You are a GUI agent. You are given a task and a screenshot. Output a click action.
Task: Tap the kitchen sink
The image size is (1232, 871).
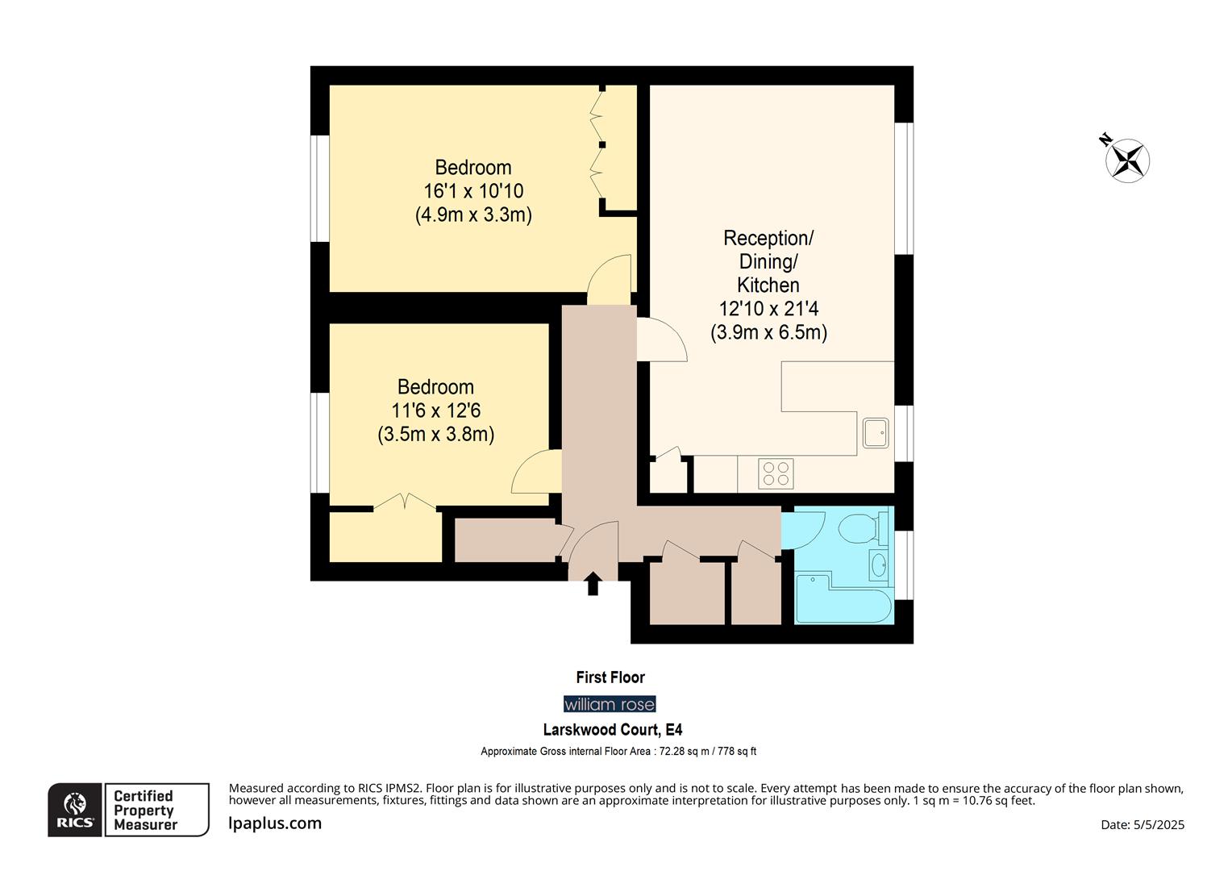click(x=875, y=432)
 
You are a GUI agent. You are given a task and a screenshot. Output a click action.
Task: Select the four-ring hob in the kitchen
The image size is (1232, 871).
click(x=776, y=473)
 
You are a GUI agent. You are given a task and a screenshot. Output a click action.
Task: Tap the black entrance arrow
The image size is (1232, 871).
click(x=593, y=583)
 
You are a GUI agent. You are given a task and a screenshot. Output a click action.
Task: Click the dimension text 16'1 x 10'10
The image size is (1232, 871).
click(x=473, y=191)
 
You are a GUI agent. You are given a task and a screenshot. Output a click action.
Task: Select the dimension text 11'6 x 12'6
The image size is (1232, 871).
click(x=435, y=410)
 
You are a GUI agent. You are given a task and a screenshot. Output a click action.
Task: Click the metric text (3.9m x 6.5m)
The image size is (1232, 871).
click(x=768, y=332)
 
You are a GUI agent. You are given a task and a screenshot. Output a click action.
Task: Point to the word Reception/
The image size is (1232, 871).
click(x=768, y=239)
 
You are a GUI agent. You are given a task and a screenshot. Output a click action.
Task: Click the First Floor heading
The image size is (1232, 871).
click(x=610, y=677)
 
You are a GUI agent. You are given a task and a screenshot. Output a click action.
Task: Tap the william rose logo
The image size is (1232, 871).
click(x=610, y=704)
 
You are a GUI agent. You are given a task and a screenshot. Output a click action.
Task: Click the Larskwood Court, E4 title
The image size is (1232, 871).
click(x=613, y=730)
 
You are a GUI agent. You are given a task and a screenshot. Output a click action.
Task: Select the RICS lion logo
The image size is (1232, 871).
click(x=75, y=810)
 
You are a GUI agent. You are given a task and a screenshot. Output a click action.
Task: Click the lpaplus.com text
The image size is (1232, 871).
click(x=275, y=823)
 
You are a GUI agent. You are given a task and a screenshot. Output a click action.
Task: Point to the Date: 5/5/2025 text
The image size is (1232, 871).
click(x=1143, y=824)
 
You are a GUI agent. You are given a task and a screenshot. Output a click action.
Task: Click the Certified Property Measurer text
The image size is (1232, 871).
click(x=144, y=810)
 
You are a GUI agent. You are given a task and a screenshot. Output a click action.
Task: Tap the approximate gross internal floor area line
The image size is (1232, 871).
click(x=618, y=752)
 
